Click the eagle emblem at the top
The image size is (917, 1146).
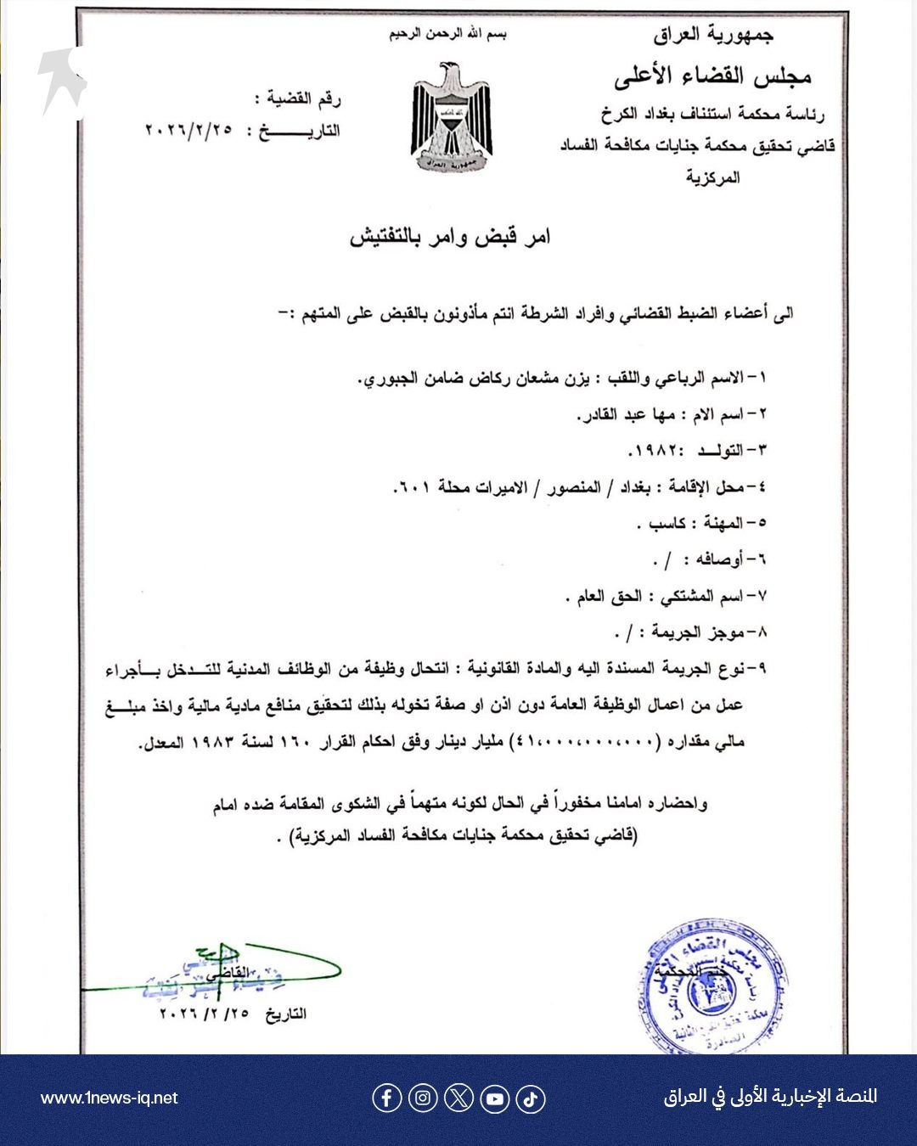[x=452, y=117]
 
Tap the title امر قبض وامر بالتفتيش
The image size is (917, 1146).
[x=450, y=237]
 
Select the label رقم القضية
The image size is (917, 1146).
[x=303, y=99]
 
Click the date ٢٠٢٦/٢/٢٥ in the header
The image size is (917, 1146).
[x=188, y=131]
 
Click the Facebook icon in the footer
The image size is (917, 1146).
[x=386, y=1098]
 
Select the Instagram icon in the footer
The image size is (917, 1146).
[x=423, y=1098]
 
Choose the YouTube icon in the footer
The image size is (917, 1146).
[x=494, y=1098]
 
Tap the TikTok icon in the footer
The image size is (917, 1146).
[x=530, y=1098]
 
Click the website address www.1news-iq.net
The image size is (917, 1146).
[x=109, y=1098]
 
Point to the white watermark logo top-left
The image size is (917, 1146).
[x=62, y=81]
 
